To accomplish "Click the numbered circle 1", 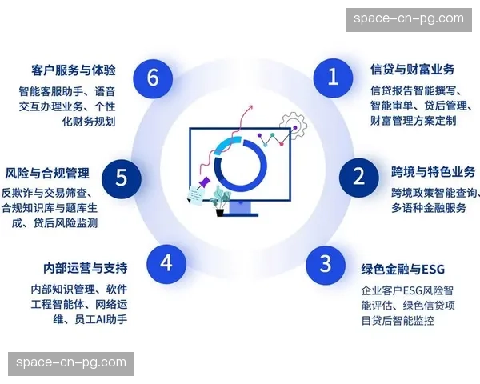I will [x=334, y=77].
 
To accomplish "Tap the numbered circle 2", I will [x=358, y=176].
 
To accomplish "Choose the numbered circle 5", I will [x=122, y=177].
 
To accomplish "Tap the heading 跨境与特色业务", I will [x=433, y=172].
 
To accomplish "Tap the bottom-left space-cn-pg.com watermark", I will [x=70, y=362].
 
